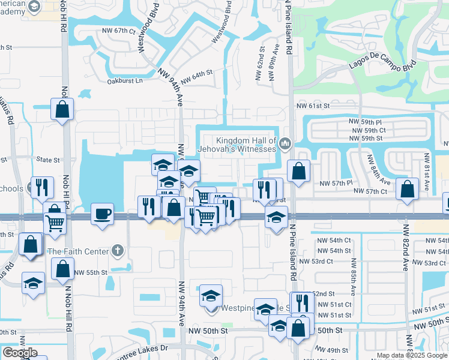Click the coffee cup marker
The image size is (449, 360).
102,214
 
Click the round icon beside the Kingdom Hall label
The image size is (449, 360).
285,143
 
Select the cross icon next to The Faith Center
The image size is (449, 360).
118,250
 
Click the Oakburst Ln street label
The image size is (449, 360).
125,80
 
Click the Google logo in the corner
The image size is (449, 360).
20,352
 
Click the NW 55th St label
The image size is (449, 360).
91,272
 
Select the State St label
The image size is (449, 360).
48,160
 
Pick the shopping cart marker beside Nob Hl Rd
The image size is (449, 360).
55,223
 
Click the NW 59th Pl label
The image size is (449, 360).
367,122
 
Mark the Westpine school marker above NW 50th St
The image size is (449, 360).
211,296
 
